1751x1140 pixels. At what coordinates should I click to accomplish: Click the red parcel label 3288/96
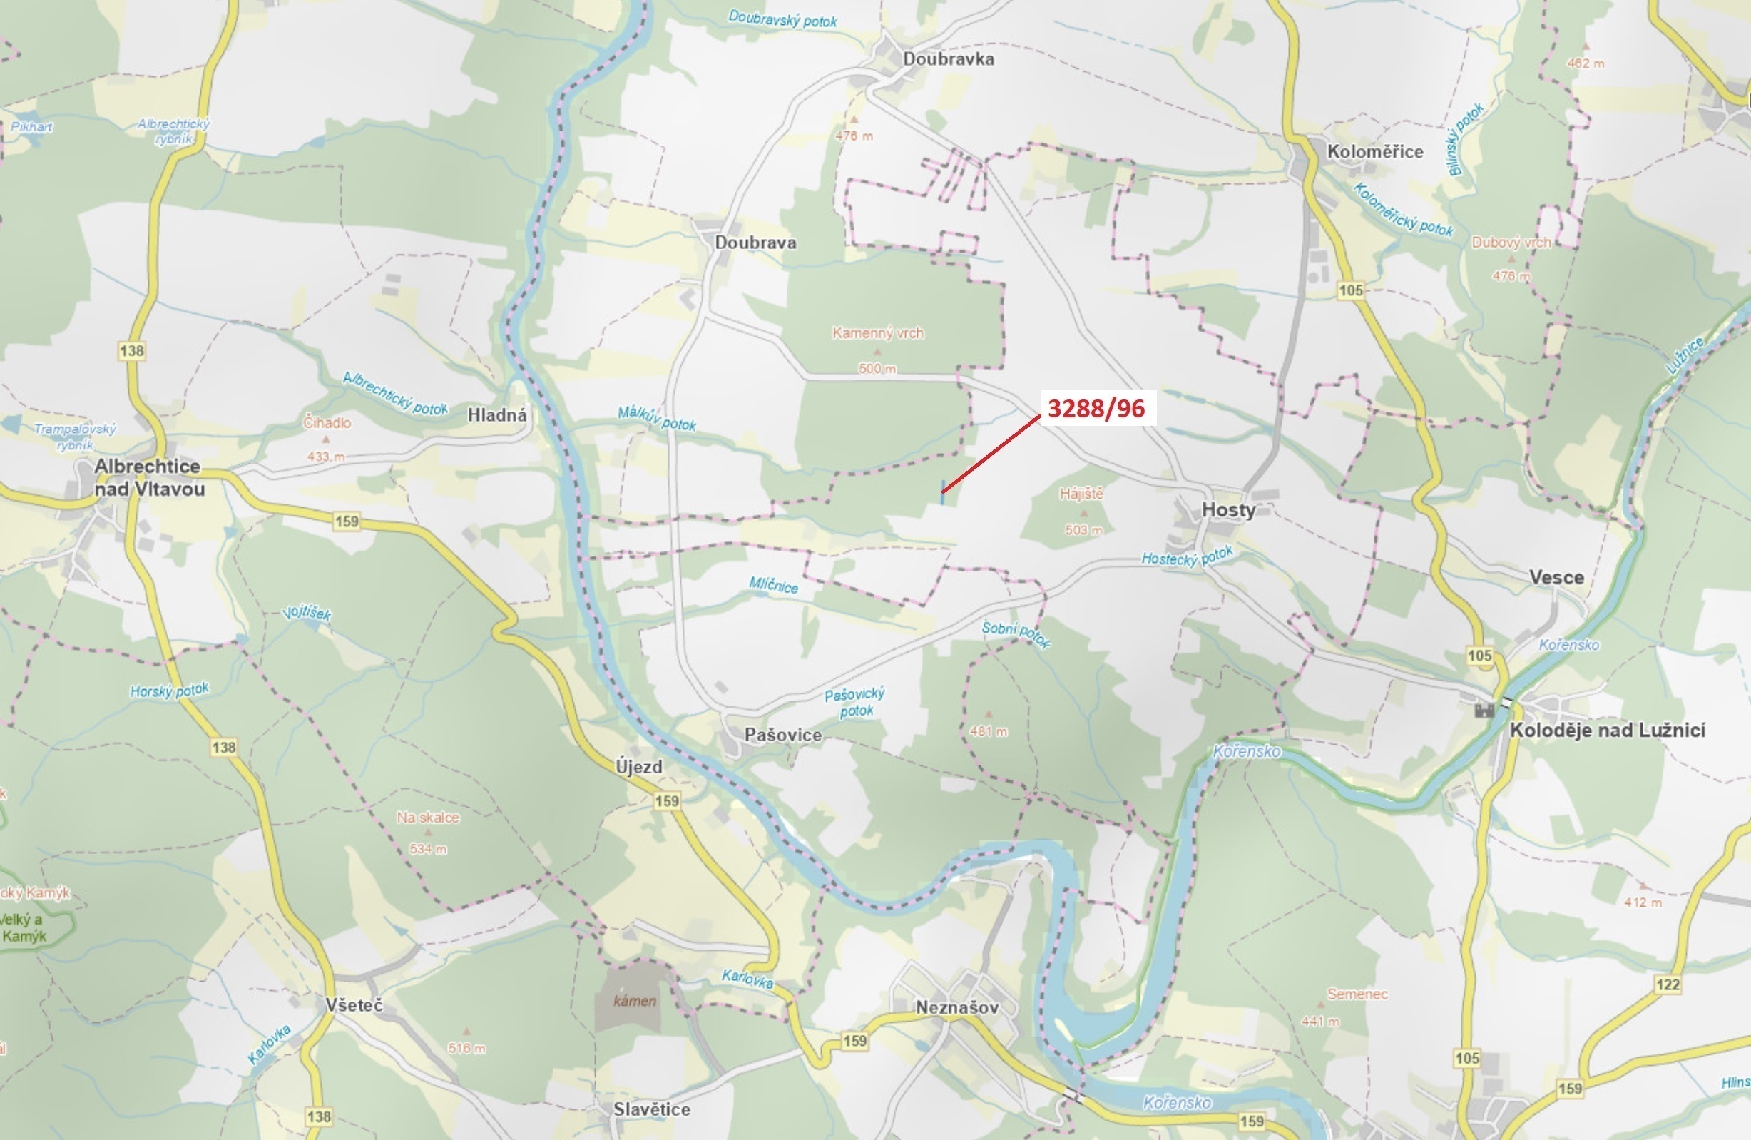(1096, 409)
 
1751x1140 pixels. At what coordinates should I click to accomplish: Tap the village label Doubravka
(949, 59)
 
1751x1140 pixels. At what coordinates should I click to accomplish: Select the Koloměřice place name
(1374, 152)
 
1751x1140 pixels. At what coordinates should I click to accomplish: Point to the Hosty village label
(1228, 509)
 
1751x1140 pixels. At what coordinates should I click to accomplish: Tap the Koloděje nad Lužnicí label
(1608, 730)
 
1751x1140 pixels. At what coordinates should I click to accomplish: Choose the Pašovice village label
(783, 735)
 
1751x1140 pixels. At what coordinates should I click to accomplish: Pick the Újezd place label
(638, 767)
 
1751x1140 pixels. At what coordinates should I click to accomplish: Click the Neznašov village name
(956, 1007)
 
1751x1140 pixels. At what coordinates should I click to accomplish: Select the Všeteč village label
(354, 1005)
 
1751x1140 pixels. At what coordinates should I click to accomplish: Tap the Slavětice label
(652, 1109)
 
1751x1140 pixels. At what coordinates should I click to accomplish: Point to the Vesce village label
(1556, 577)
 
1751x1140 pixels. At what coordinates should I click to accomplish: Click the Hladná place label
(497, 415)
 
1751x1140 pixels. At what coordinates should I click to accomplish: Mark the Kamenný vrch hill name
(878, 333)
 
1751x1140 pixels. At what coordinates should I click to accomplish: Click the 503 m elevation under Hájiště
(1083, 530)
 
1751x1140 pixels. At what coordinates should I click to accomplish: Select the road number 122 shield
(1668, 984)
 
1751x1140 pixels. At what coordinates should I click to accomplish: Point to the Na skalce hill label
(427, 818)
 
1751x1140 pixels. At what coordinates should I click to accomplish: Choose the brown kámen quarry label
(634, 1001)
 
